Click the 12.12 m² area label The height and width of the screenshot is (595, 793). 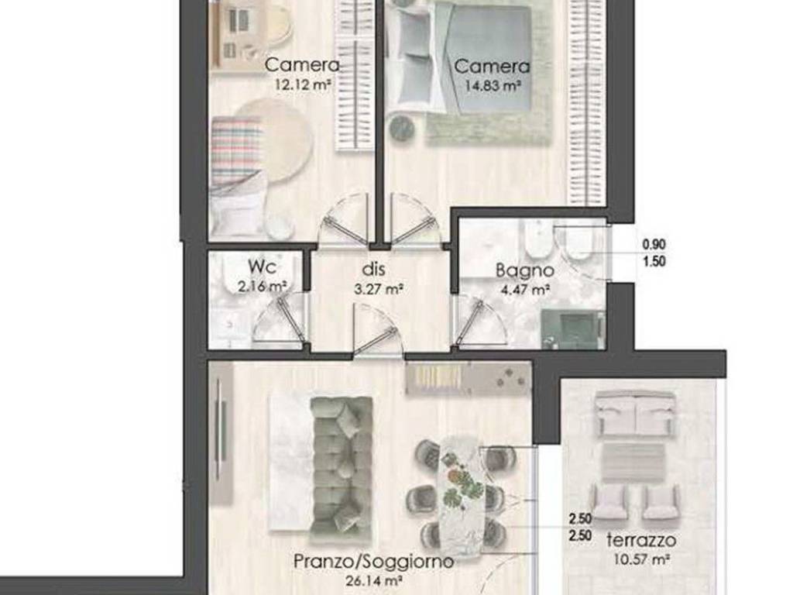pyautogui.click(x=303, y=84)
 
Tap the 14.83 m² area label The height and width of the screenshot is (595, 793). pyautogui.click(x=493, y=85)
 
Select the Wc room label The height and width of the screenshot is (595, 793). pyautogui.click(x=262, y=267)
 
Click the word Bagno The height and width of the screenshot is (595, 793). pyautogui.click(x=524, y=270)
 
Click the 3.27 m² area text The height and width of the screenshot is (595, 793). pyautogui.click(x=378, y=290)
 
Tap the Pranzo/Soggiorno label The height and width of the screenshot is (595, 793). pyautogui.click(x=373, y=561)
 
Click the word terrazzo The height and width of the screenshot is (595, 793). pyautogui.click(x=641, y=540)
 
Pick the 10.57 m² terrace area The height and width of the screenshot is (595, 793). pyautogui.click(x=642, y=559)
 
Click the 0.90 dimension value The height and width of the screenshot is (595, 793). pyautogui.click(x=654, y=244)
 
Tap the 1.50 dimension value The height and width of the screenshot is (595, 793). pyautogui.click(x=654, y=262)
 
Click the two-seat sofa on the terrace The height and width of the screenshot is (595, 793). pyautogui.click(x=635, y=412)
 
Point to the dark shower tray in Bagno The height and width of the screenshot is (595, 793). pyautogui.click(x=573, y=328)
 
